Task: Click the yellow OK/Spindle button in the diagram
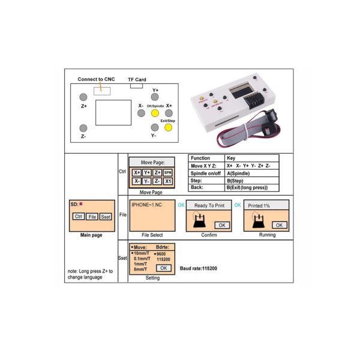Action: coord(155,112)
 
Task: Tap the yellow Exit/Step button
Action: coord(155,127)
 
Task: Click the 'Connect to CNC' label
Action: coord(96,79)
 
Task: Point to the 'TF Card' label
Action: coord(137,79)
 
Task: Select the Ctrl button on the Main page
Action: coord(78,216)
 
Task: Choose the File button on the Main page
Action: coord(92,216)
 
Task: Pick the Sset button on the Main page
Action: coord(106,216)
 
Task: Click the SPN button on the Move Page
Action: coord(167,172)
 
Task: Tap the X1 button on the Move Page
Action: coord(168,181)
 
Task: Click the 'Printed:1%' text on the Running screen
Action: coord(259,206)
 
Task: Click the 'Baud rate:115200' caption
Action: coord(199,268)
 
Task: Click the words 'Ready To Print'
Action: coord(208,206)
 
